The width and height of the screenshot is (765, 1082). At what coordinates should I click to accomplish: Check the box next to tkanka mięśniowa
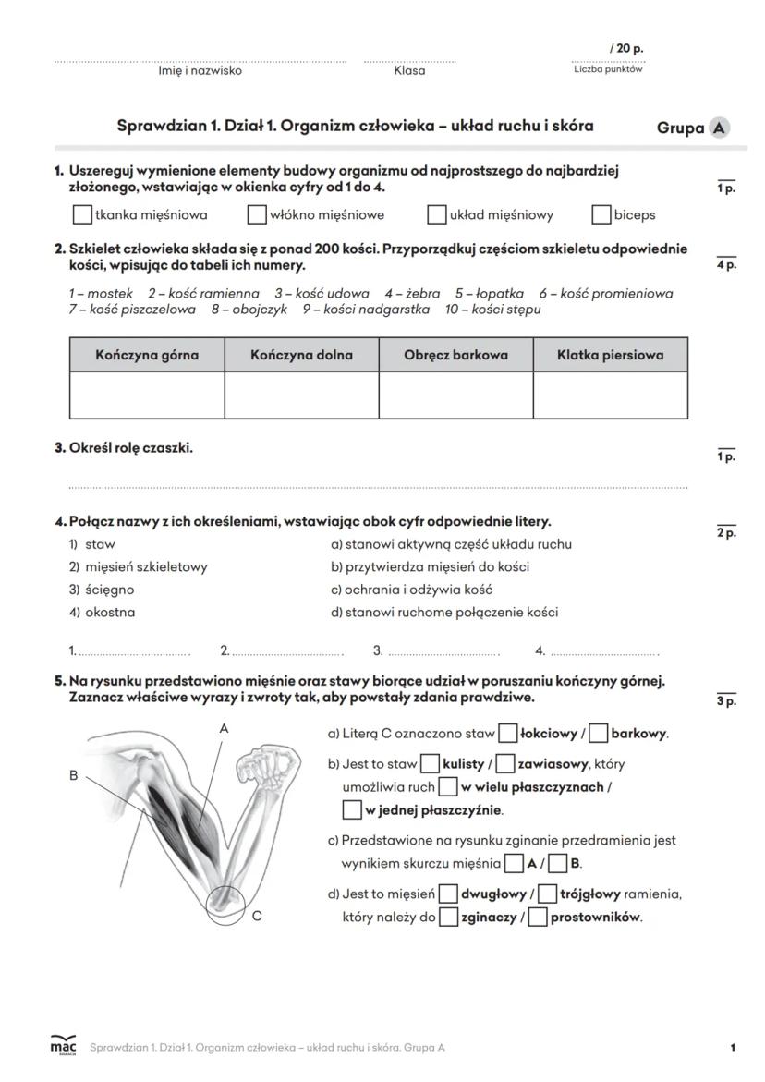(x=82, y=214)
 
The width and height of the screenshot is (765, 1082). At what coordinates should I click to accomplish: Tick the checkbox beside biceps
(x=601, y=214)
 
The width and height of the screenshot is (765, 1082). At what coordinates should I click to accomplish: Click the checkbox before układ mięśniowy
(x=437, y=214)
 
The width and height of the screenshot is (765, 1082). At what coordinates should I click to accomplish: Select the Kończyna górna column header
(x=147, y=355)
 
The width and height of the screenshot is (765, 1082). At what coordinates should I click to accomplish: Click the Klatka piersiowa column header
(x=610, y=355)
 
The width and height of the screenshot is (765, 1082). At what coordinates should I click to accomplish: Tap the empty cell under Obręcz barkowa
(x=455, y=395)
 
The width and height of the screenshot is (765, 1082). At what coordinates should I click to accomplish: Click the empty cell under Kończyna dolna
(x=301, y=395)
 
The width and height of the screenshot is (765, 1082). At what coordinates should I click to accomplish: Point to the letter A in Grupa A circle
(x=719, y=128)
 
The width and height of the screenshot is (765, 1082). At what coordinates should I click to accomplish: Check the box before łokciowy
(x=507, y=735)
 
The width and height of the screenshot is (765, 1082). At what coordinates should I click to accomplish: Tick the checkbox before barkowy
(x=598, y=735)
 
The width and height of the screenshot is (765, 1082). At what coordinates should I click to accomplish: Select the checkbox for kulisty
(x=430, y=764)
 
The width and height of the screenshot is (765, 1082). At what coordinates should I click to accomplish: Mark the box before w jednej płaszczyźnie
(x=351, y=810)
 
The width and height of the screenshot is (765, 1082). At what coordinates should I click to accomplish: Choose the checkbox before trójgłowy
(x=547, y=894)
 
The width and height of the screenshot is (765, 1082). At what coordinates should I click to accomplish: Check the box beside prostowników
(x=538, y=918)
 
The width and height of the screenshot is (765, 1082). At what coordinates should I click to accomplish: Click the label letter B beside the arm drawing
(x=73, y=776)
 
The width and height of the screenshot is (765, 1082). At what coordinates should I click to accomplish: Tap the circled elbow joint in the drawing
(x=224, y=904)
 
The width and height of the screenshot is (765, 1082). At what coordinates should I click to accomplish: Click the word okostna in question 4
(x=110, y=612)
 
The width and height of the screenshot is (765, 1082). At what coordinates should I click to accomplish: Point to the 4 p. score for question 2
(x=726, y=265)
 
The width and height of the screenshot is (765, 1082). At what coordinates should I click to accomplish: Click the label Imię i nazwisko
(x=200, y=70)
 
